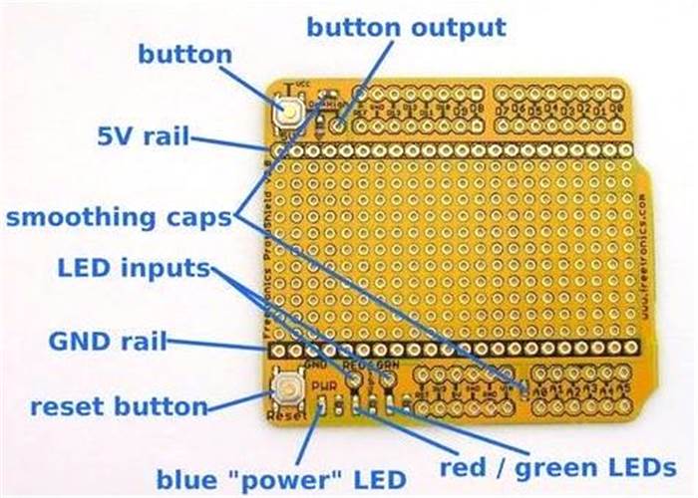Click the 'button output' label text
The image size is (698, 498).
(406, 27)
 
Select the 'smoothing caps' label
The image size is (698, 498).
(118, 216)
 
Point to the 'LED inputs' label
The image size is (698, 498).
(134, 268)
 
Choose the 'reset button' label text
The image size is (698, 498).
(119, 406)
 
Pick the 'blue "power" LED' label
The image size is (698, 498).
(281, 475)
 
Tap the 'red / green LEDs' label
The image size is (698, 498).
(559, 467)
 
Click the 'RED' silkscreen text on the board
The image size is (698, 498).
(354, 366)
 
